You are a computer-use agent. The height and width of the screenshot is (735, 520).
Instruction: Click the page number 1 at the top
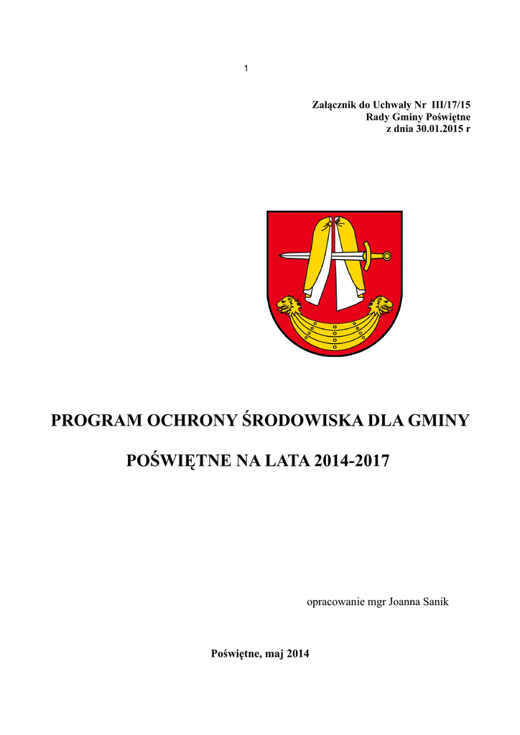click(246, 68)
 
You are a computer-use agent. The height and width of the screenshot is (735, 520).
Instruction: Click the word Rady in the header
click(378, 117)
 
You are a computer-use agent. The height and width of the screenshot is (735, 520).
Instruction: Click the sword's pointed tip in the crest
click(282, 256)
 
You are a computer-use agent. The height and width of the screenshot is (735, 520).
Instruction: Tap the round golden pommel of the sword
click(387, 256)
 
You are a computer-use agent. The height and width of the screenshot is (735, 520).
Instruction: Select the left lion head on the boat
click(289, 306)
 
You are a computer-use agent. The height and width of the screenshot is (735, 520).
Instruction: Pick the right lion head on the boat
click(380, 306)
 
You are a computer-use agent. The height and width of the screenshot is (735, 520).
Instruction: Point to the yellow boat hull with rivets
click(334, 332)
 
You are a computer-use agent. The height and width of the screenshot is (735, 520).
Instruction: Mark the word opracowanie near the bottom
click(335, 601)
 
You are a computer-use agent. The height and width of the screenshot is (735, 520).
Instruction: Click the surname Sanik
click(434, 601)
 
